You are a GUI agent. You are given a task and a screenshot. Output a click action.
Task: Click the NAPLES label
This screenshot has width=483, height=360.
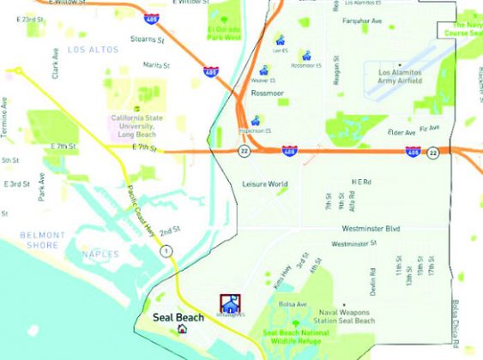(x=101, y=255)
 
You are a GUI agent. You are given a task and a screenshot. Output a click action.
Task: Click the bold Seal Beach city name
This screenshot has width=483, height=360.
(x=178, y=317)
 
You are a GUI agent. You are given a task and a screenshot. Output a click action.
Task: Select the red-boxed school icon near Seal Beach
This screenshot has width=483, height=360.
(x=230, y=303)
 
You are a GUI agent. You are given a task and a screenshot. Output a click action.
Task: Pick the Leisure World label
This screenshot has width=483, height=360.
(x=265, y=184)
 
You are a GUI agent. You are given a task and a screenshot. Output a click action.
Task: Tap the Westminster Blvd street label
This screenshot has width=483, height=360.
(x=371, y=229)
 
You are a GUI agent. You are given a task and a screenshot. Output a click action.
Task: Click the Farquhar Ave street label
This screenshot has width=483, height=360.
(x=363, y=20)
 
